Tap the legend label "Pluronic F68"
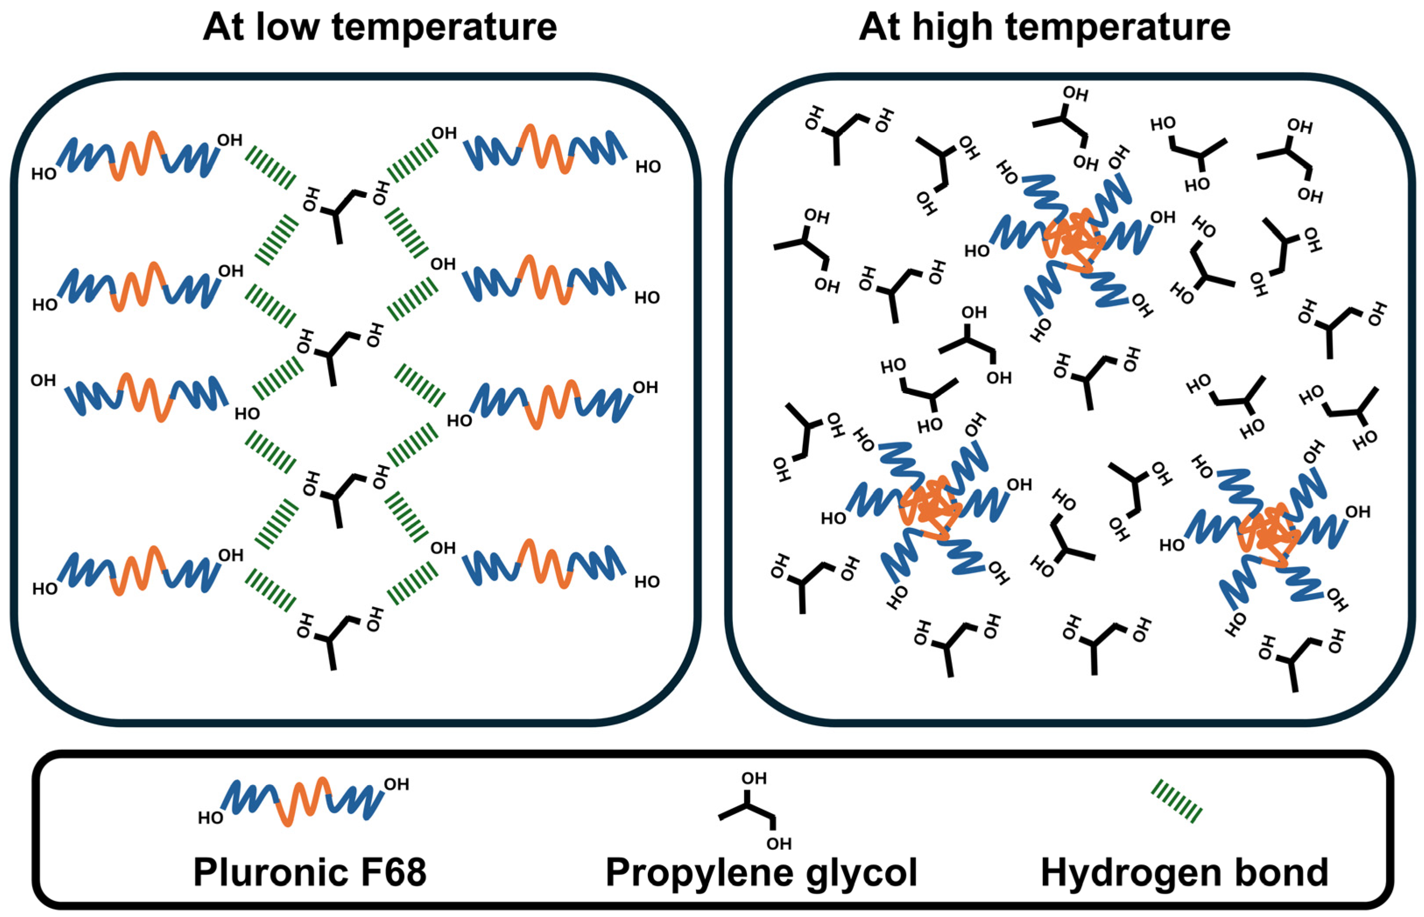coord(310,872)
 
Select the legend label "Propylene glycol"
coord(761,872)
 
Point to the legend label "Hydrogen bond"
coord(1184,872)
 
